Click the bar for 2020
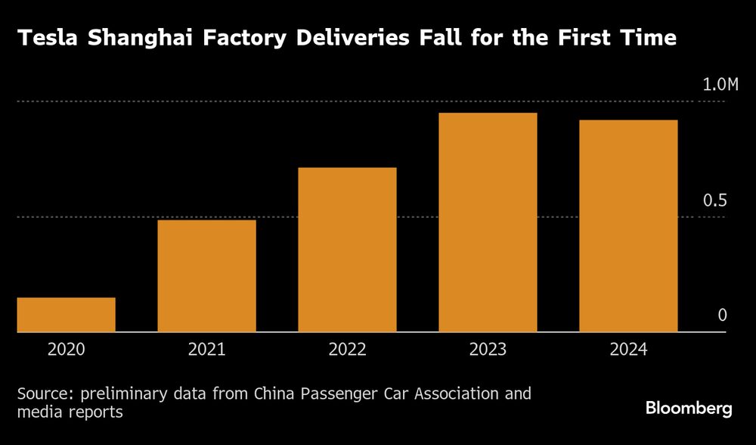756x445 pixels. (67, 315)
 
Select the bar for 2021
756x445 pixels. (206, 275)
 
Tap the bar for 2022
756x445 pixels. (347, 250)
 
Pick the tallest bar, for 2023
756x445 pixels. (488, 222)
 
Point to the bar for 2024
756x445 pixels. (628, 226)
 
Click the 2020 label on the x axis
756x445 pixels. (67, 350)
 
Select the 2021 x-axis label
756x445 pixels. (206, 350)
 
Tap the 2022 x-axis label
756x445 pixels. (347, 350)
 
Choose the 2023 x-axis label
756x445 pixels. (488, 350)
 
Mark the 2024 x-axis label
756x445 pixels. (628, 350)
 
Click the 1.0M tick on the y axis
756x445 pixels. (719, 85)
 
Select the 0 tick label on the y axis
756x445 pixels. (722, 316)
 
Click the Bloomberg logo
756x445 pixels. (689, 409)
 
